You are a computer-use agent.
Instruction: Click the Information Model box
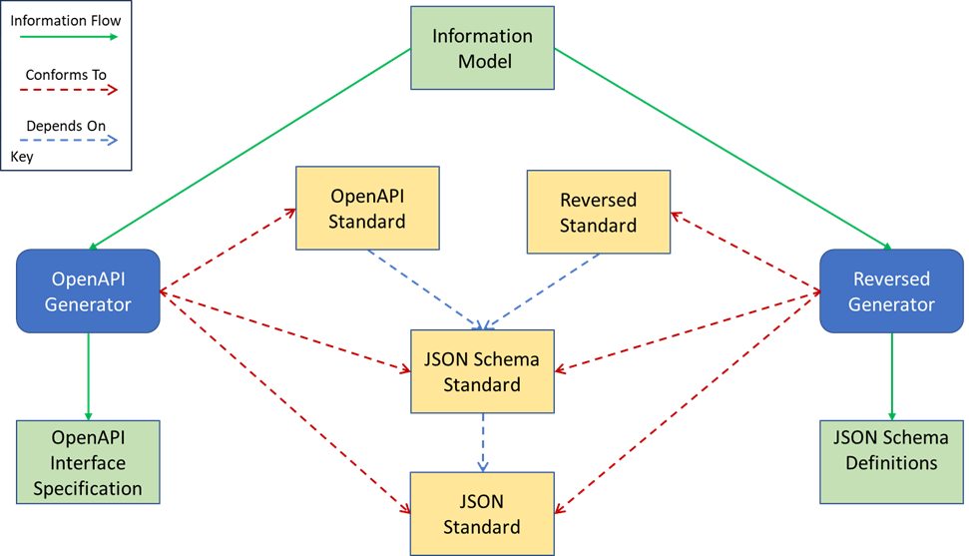point(482,48)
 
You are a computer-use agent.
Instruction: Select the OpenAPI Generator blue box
point(88,290)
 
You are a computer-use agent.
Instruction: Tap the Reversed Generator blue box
point(891,290)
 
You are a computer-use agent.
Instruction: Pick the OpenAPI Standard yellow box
point(367,208)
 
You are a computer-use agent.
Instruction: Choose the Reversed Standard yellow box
point(598,212)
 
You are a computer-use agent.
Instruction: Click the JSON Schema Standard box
point(482,371)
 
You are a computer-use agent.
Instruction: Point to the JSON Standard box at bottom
point(482,514)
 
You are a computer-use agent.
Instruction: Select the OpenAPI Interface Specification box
point(88,462)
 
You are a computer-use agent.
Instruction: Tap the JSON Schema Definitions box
point(891,449)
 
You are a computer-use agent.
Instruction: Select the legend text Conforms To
point(66,74)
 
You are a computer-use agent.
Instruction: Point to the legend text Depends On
point(66,126)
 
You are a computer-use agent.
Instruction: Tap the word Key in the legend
point(20,157)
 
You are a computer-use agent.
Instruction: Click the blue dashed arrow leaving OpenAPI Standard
point(424,289)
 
